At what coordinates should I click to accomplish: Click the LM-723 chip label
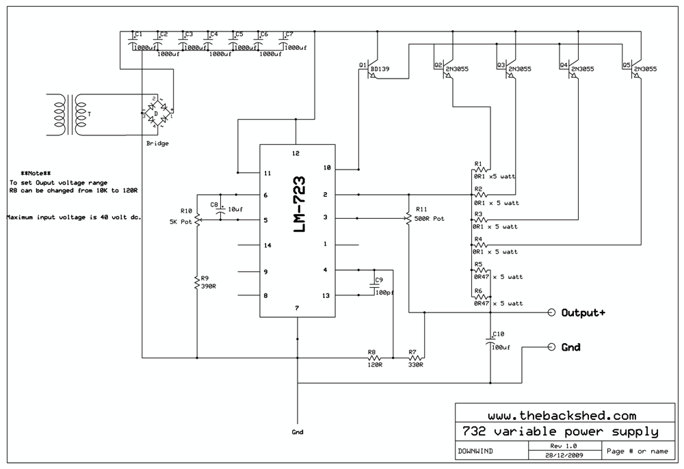[298, 207]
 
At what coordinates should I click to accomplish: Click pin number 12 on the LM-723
[296, 153]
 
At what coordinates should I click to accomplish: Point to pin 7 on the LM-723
[297, 308]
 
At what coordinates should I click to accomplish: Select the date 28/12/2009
[564, 455]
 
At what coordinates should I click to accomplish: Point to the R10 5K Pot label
[182, 216]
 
